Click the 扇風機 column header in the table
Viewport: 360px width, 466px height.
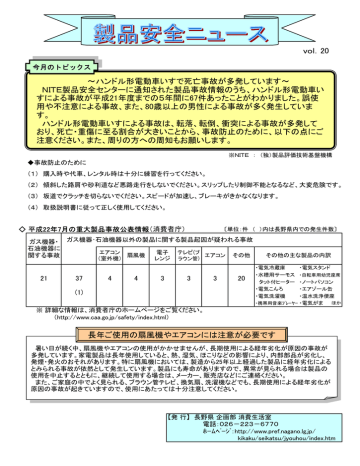point(136,253)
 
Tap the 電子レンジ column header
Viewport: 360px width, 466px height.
point(163,253)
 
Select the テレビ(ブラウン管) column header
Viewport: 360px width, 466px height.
point(190,253)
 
